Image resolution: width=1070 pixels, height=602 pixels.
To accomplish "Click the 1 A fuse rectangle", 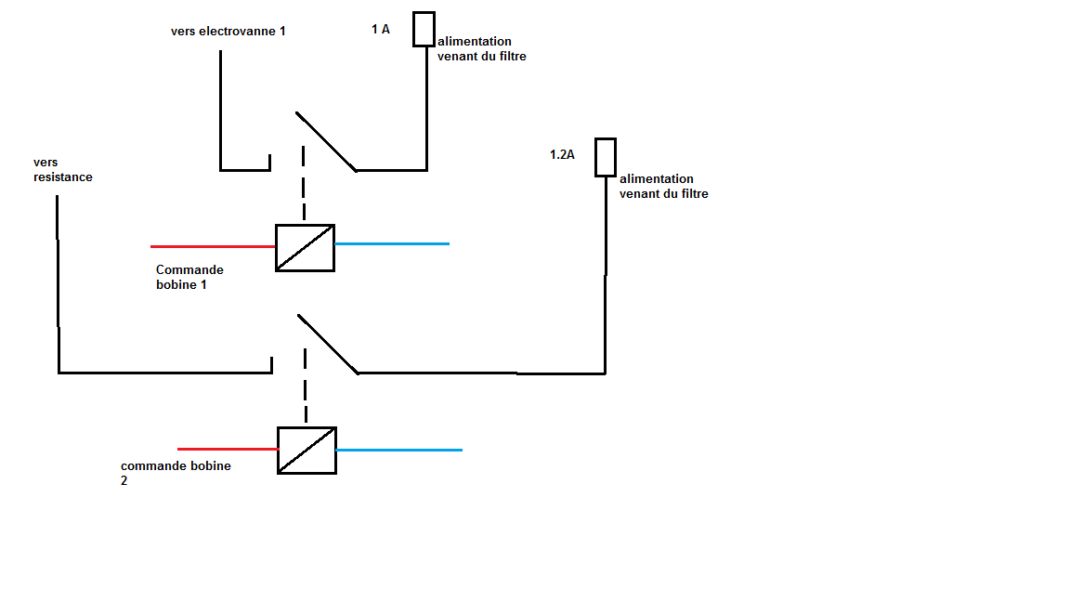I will [424, 29].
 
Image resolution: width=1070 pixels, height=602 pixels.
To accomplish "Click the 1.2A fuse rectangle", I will [606, 157].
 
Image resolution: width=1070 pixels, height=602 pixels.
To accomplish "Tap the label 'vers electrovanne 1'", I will [228, 31].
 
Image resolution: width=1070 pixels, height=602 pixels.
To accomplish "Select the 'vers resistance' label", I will [62, 170].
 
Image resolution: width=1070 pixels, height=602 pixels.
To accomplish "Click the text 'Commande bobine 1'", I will [189, 277].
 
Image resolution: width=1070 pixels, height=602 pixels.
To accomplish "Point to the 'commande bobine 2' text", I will [176, 473].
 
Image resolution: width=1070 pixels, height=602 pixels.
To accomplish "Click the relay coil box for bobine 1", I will [305, 248].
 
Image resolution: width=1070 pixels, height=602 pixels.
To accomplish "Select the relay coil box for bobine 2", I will [307, 450].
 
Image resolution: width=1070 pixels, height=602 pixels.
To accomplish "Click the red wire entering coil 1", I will [213, 246].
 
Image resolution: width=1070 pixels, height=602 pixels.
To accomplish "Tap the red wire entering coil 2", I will [228, 449].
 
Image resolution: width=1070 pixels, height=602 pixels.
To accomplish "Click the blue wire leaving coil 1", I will [392, 243].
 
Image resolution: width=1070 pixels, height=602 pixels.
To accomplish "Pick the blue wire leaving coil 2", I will [398, 450].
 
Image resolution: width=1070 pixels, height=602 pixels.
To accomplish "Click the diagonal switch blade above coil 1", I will [325, 141].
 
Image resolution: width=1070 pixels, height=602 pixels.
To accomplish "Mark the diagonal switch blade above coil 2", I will [327, 344].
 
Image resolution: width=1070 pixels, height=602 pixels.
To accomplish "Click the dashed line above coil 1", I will [304, 183].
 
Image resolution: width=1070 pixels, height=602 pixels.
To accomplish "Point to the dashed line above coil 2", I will [306, 386].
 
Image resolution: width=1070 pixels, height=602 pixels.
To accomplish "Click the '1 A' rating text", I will [381, 30].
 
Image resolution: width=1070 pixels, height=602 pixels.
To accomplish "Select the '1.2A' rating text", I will [562, 154].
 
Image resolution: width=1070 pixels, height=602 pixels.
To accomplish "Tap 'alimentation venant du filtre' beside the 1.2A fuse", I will [663, 186].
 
